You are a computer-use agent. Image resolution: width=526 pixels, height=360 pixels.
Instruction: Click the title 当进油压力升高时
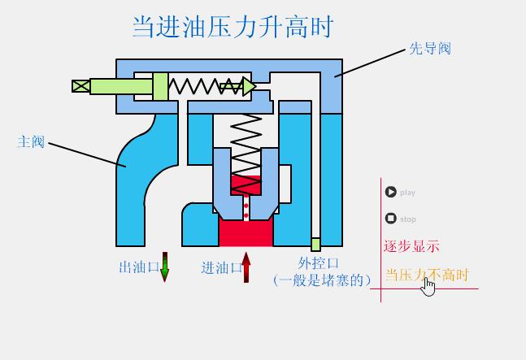point(233,27)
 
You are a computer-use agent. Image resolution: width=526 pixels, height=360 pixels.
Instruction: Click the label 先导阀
point(429,49)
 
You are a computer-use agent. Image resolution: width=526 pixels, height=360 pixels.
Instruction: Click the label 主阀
point(31,142)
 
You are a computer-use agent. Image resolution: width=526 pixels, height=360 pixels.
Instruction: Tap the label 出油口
point(138,267)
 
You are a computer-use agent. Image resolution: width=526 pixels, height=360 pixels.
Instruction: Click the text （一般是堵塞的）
point(322,280)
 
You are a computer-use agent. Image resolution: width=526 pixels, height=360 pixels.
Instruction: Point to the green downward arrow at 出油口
point(165,267)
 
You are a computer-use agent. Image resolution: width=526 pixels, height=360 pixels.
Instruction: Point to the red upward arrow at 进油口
point(246,267)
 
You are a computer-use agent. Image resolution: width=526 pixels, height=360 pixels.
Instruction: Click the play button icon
point(391,193)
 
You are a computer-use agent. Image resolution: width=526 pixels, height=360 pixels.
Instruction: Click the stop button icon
point(391,219)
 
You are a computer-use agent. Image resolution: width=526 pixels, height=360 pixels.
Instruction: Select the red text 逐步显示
point(411,246)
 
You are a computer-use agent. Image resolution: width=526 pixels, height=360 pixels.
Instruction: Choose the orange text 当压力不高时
point(427,275)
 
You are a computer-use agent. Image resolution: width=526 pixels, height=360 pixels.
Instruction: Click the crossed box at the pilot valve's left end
point(80,86)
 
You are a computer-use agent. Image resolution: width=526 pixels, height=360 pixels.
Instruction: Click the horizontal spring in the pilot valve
point(198,86)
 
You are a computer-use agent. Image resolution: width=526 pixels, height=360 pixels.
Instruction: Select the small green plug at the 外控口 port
point(316,244)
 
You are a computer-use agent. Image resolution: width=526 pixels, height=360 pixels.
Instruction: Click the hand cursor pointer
point(428,287)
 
